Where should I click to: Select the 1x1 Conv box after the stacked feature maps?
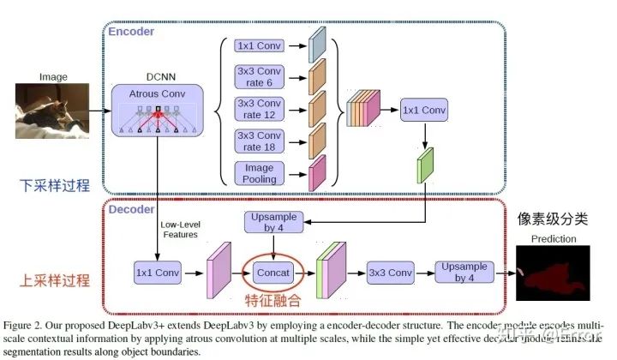424,110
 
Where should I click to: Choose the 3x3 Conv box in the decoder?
390,273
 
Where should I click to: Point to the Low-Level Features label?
180,230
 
